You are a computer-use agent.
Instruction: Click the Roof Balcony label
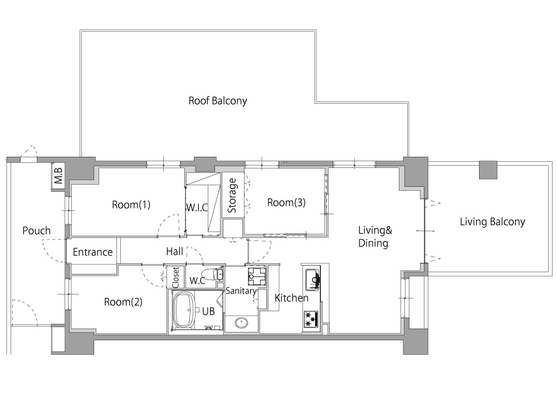217,101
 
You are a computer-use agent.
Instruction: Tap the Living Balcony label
492,222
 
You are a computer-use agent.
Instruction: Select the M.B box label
58,176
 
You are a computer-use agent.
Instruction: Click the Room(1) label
131,205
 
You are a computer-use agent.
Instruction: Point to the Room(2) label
123,302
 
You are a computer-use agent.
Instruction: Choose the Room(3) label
286,202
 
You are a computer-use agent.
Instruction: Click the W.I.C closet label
197,208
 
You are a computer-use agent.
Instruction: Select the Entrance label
92,252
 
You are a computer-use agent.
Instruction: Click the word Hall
175,252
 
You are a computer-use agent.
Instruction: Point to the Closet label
175,277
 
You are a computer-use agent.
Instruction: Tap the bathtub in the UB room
183,311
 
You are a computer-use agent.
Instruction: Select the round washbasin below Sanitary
242,323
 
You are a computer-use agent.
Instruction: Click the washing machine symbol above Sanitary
257,276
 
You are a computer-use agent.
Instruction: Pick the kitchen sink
311,278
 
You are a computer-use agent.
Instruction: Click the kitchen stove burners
311,319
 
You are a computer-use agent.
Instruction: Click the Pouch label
36,230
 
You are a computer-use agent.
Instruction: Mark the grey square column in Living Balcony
488,170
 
